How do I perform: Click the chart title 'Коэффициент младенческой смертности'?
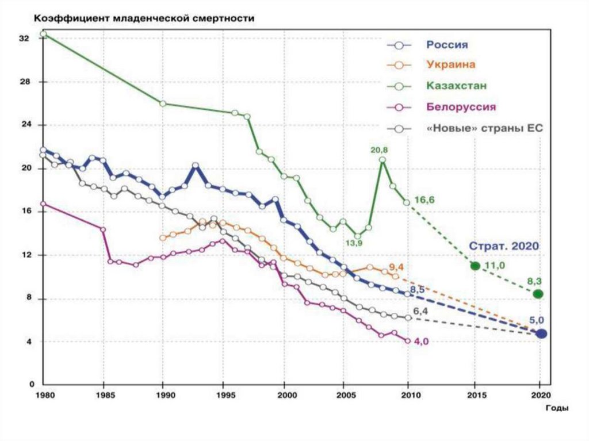144,18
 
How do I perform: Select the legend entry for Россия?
446,45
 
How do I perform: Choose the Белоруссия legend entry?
461,107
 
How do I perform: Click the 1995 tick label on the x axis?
227,396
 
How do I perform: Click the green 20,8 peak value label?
380,150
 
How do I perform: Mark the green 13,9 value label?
353,243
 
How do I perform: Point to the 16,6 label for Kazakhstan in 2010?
426,200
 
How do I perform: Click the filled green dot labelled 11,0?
475,266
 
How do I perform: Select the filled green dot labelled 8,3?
538,294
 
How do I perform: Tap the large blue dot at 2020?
541,333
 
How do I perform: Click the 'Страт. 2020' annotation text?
504,246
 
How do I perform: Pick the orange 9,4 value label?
396,267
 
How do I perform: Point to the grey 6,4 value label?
421,311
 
